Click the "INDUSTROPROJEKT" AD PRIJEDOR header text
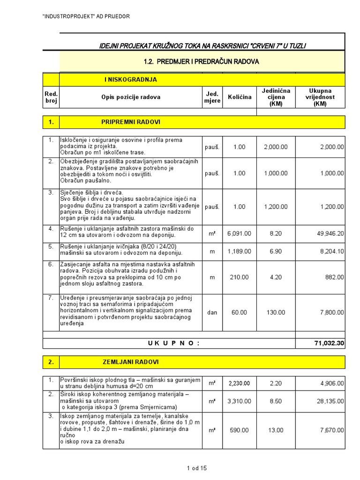pyautogui.click(x=86, y=16)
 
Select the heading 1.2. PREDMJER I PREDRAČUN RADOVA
pyautogui.click(x=201, y=62)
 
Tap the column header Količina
pyautogui.click(x=240, y=97)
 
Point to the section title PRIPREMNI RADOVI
pyautogui.click(x=131, y=122)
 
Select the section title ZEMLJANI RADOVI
pyautogui.click(x=131, y=362)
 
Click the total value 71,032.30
pyautogui.click(x=329, y=344)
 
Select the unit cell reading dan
pyautogui.click(x=212, y=313)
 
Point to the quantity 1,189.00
pyautogui.click(x=239, y=252)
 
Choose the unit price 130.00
pyautogui.click(x=276, y=313)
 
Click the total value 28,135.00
pyautogui.click(x=329, y=401)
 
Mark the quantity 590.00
pyautogui.click(x=239, y=430)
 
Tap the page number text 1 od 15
pyautogui.click(x=196, y=468)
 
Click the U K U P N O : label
pyautogui.click(x=173, y=344)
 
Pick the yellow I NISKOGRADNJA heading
pyautogui.click(x=131, y=80)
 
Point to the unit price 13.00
pyautogui.click(x=276, y=430)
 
